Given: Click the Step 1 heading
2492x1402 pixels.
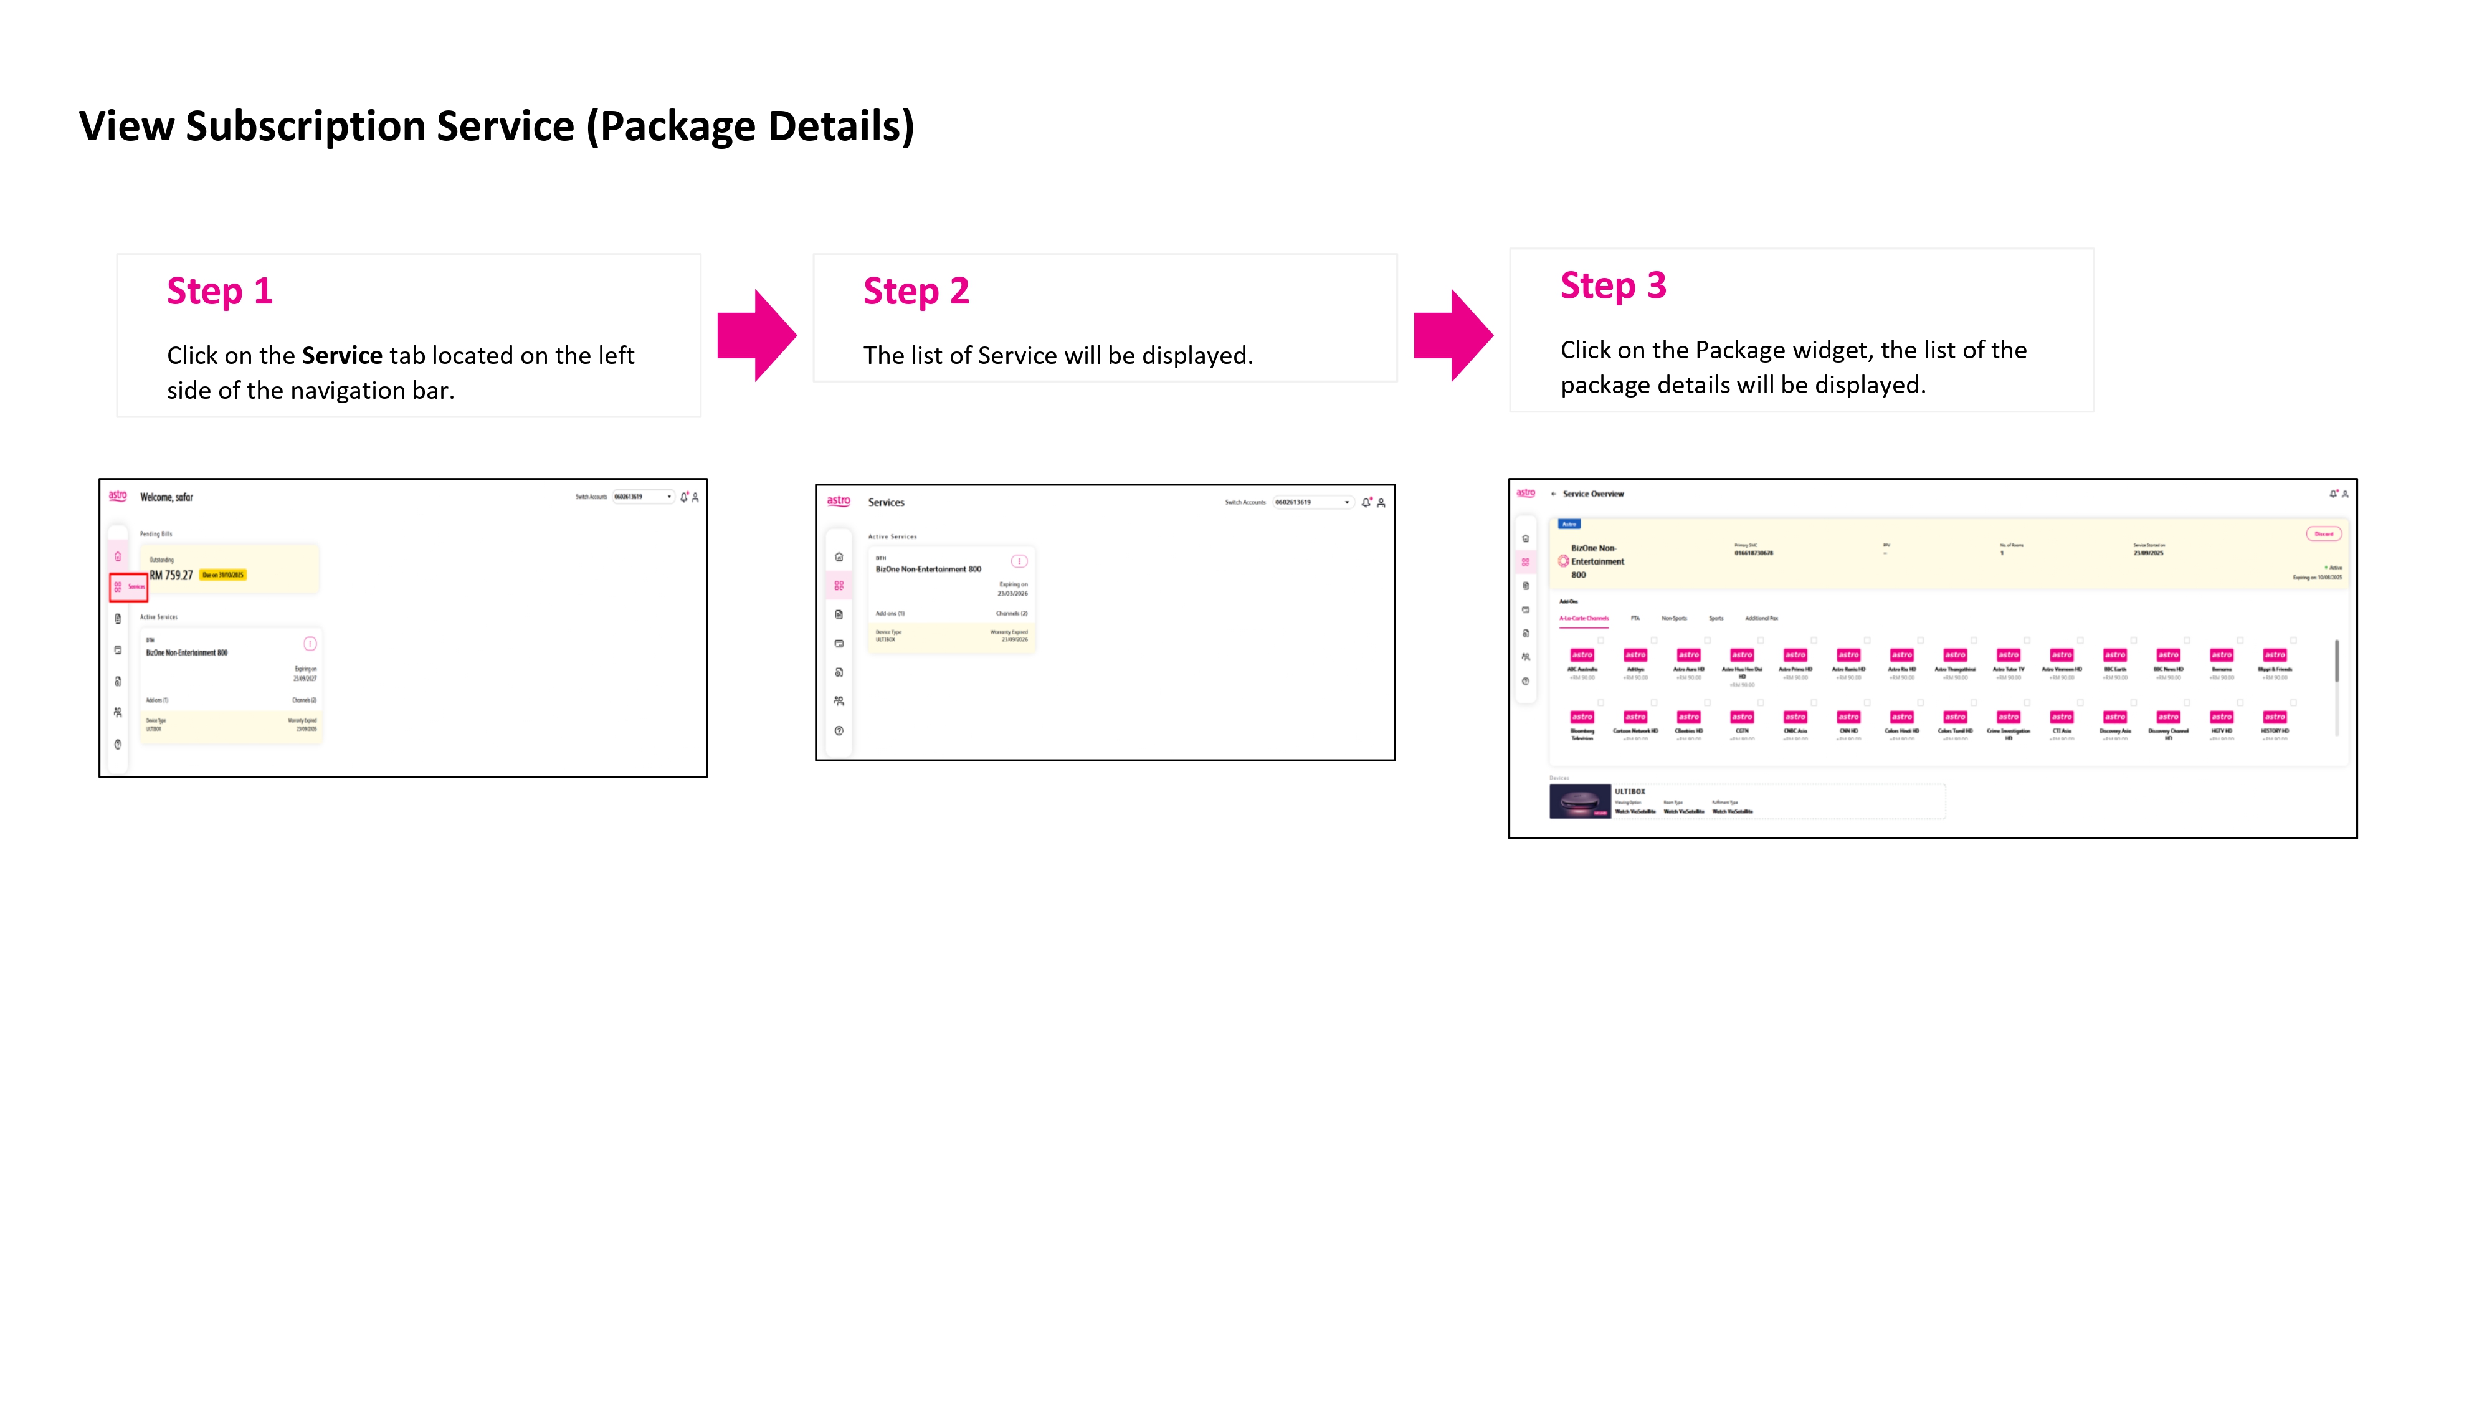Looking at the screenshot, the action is click(219, 291).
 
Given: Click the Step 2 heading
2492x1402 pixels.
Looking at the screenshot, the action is click(915, 291).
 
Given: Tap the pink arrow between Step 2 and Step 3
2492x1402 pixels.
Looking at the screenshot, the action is click(1453, 335).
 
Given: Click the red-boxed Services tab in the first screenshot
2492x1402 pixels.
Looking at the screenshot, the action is click(129, 586).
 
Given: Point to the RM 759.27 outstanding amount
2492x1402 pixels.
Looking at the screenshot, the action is click(171, 575).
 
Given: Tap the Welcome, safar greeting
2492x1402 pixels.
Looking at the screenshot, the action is click(166, 497).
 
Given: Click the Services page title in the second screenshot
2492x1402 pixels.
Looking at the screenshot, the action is click(886, 502).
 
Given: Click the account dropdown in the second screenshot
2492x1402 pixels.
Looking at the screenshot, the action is click(1313, 502).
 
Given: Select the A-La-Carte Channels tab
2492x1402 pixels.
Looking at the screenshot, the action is click(1584, 618).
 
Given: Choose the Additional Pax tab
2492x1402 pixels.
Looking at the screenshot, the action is click(1761, 618).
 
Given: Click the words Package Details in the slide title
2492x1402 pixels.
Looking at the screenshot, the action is click(756, 126).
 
